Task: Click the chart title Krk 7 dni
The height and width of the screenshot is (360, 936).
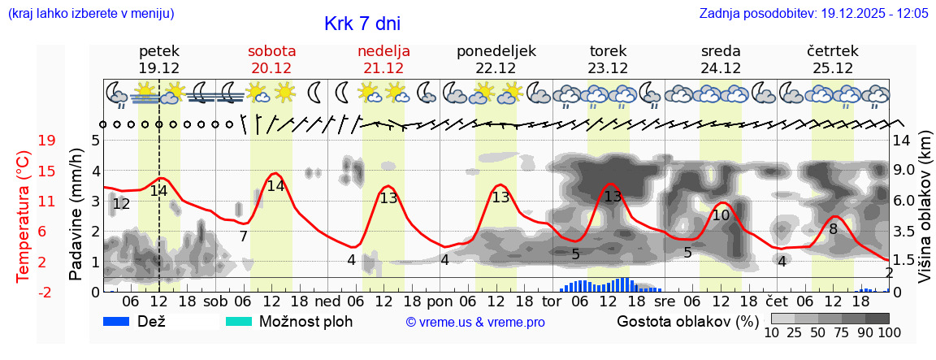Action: [362, 24]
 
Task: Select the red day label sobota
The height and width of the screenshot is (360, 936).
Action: [271, 50]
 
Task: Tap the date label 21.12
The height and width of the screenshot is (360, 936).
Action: [383, 68]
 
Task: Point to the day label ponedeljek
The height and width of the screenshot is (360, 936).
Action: [496, 50]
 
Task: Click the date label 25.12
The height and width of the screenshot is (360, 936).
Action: [832, 68]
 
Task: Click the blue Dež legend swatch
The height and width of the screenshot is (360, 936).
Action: [122, 321]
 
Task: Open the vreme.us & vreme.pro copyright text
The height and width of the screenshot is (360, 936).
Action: [475, 323]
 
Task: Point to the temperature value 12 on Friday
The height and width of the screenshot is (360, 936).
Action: [121, 204]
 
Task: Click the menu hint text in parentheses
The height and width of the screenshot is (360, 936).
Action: [90, 14]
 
